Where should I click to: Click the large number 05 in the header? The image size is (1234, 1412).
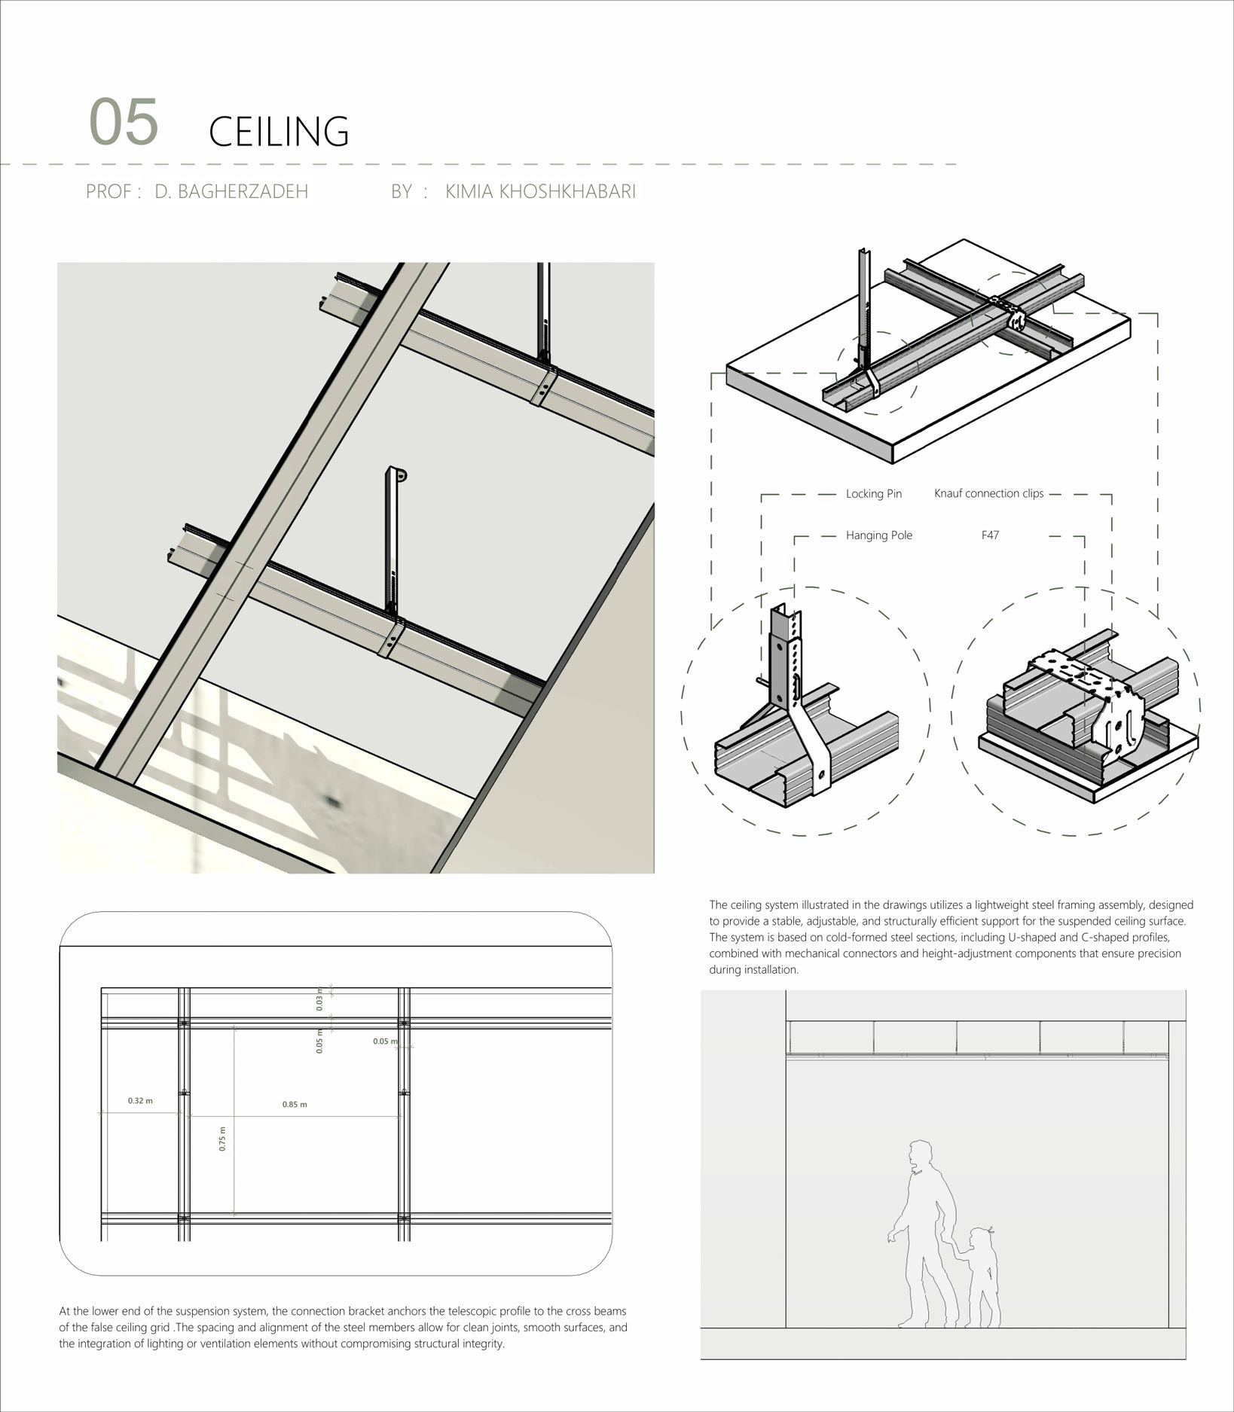point(124,122)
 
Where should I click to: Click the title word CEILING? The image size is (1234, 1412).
point(279,131)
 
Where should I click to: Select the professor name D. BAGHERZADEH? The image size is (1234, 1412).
point(231,191)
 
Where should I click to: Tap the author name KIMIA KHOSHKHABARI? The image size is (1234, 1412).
point(540,191)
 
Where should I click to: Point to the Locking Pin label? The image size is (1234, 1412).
point(873,494)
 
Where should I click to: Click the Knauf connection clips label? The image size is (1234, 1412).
point(988,493)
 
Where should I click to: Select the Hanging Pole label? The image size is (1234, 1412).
point(878,535)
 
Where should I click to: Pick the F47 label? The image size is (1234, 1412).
point(990,535)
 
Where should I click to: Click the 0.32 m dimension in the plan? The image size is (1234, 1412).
point(140,1101)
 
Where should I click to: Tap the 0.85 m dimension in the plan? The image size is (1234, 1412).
point(295,1105)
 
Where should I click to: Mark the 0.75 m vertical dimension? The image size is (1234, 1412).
point(222,1139)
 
